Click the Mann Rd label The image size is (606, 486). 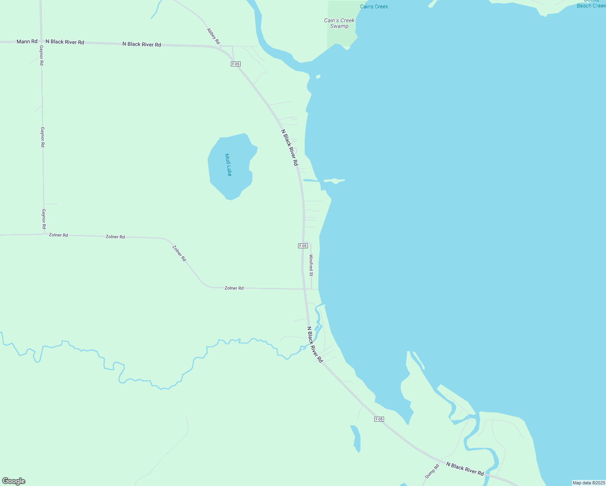coord(27,41)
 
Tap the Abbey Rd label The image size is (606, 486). coord(213,36)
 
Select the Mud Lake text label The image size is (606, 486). coord(228,165)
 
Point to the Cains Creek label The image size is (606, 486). coord(374,6)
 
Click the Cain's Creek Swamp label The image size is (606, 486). coord(339,23)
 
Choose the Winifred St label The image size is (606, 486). coord(311,265)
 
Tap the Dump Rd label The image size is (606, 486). coord(432,471)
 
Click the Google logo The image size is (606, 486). coord(14,481)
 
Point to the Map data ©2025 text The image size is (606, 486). coord(589,483)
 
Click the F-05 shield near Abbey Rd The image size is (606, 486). coord(236,64)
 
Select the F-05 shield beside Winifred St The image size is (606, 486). coord(303,246)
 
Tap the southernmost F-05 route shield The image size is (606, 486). coord(379,419)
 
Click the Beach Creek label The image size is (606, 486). coord(591,6)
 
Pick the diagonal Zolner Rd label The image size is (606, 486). coord(179,253)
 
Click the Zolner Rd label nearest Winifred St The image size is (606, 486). coord(234,288)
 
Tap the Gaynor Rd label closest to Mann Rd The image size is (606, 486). coord(41,55)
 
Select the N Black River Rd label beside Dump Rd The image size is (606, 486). coord(465,469)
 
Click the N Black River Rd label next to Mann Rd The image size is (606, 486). coord(65,42)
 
